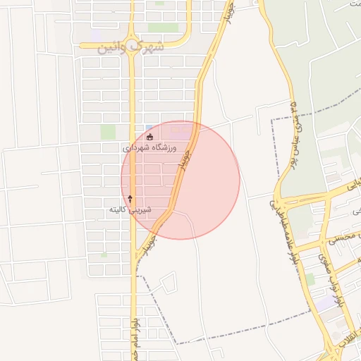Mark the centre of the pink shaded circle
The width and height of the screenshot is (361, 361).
[180, 180]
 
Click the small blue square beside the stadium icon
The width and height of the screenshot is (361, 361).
[149, 127]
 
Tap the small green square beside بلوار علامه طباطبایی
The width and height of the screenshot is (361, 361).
[310, 279]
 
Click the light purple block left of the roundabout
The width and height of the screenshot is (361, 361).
[95, 34]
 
